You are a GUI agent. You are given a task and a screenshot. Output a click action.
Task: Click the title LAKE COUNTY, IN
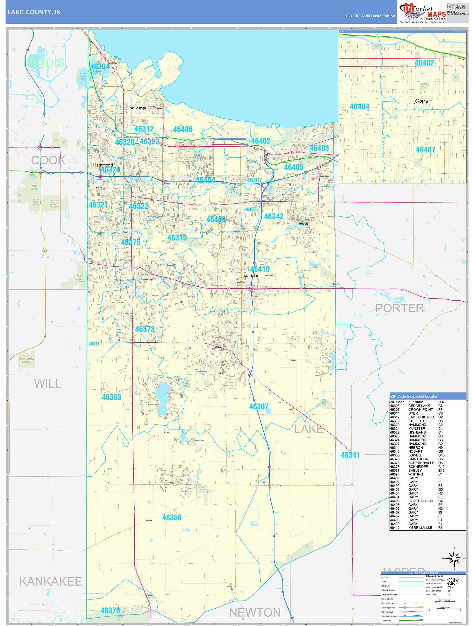tap(34, 12)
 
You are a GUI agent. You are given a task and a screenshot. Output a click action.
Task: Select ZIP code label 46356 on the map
tap(172, 518)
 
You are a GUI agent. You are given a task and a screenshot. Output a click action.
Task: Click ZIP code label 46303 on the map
tap(111, 397)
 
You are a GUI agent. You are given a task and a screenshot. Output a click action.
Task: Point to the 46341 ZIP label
tap(350, 455)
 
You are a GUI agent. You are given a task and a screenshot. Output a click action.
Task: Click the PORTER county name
tap(399, 308)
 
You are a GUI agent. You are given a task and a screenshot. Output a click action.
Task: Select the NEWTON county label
tap(255, 613)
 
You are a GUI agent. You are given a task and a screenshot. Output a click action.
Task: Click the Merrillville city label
tap(251, 276)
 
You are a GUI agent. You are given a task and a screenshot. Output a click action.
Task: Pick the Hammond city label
tap(103, 165)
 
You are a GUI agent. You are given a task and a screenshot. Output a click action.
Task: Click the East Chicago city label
tap(137, 108)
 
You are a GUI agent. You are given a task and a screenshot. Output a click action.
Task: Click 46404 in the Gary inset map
tap(359, 107)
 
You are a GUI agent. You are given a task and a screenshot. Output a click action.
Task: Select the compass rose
tap(454, 558)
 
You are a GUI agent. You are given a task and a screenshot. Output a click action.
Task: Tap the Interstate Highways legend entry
tap(390, 616)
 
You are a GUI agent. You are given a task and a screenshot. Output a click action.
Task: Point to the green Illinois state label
tap(44, 62)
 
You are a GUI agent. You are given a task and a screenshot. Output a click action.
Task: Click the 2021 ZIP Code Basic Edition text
tap(369, 16)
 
